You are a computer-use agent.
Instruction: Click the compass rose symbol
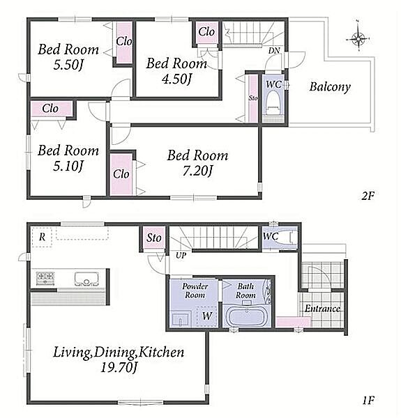358,39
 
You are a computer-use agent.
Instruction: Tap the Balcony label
330,87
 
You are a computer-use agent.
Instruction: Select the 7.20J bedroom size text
197,171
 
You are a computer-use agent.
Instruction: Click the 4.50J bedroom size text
177,79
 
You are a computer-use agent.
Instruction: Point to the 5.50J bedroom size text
68,65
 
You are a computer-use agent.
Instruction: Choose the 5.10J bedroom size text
68,166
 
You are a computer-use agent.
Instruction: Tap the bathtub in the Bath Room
246,316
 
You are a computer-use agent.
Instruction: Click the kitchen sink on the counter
86,279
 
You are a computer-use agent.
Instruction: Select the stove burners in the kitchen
45,279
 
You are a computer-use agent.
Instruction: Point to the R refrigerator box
42,237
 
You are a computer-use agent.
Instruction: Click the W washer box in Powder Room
206,316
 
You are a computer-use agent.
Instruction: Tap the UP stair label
181,256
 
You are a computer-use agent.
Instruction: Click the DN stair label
274,51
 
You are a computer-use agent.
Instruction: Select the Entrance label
322,309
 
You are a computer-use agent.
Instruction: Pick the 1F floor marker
368,400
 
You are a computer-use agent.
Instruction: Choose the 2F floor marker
368,196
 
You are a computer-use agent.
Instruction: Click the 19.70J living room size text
119,368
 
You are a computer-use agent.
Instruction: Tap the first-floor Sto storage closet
154,238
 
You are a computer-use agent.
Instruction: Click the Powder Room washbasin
181,319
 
